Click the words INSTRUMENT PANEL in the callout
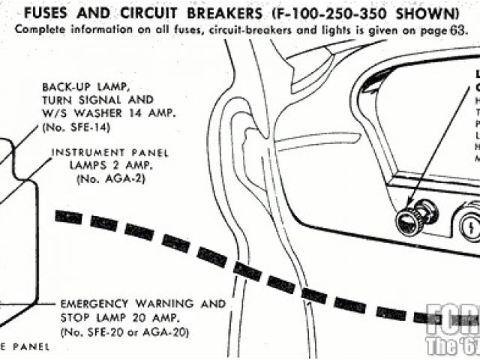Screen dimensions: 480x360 point(109,153)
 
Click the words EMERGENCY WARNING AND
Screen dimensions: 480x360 point(143,304)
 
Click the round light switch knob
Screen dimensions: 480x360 point(409,222)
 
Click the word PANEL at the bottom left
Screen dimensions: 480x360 point(29,347)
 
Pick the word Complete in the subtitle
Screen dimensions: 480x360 point(37,29)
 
